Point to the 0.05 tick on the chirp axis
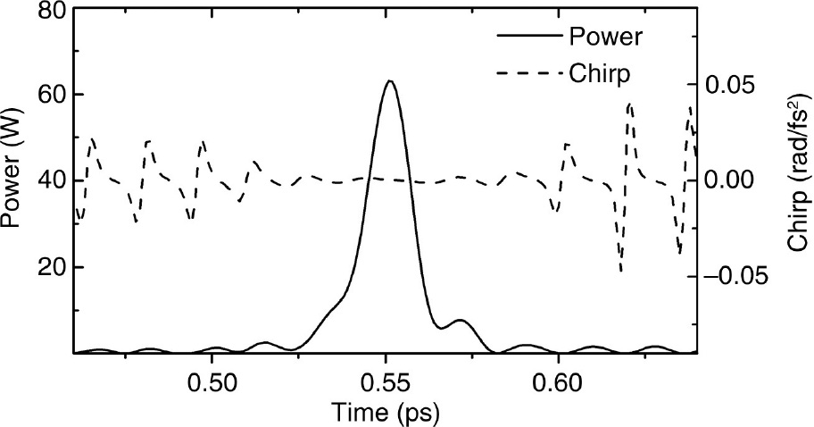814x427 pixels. point(735,85)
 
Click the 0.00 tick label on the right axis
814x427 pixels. point(735,180)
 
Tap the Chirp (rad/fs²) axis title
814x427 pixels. point(797,180)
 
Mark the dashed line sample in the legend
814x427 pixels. point(527,73)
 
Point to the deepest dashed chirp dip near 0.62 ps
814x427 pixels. point(620,270)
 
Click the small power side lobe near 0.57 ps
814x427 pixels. point(460,320)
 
